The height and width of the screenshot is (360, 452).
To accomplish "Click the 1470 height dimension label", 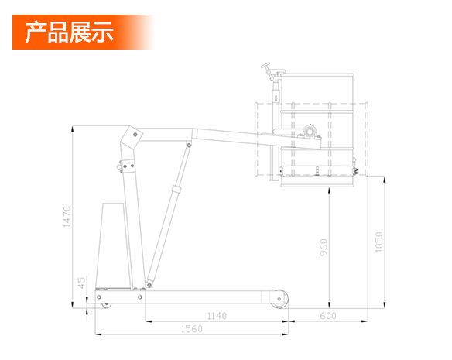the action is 67,217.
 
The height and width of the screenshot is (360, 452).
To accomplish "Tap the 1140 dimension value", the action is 217,316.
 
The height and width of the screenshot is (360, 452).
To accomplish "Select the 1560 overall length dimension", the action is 192,329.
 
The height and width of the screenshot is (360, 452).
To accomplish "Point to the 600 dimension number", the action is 328,316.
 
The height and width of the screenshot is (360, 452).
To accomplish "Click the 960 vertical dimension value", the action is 324,247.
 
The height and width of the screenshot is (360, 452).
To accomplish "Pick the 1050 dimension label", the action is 378,242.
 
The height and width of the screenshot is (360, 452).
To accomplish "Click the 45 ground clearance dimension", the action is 81,283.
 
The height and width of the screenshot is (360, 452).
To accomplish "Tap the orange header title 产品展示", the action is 69,32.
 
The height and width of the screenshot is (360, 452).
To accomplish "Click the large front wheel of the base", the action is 279,299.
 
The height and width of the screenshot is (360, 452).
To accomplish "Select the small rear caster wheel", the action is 107,304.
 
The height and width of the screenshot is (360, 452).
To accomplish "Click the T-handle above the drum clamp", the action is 265,66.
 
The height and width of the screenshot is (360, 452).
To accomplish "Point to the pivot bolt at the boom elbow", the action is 135,135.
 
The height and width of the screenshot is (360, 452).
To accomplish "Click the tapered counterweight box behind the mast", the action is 113,245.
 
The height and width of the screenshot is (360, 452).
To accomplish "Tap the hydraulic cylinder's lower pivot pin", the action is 149,285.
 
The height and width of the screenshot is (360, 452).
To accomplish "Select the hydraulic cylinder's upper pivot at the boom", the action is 189,145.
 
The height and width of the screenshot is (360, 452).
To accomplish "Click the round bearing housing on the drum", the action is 310,132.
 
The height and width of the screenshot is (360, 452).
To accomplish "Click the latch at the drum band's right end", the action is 355,171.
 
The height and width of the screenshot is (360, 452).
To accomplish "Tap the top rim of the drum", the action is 317,75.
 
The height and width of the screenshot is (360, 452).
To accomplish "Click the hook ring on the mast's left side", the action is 118,166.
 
